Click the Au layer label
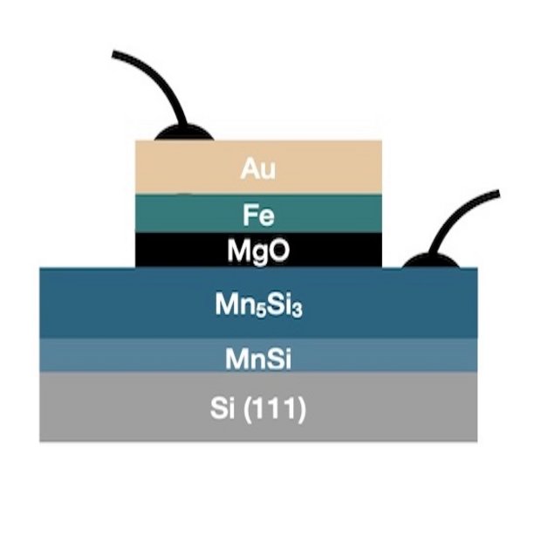click(258, 168)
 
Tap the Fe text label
click(258, 214)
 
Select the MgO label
click(258, 251)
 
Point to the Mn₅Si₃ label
click(258, 306)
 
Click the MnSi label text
click(258, 356)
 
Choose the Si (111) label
click(258, 408)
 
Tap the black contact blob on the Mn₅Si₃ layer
click(433, 260)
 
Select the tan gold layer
click(332, 168)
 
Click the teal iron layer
click(332, 214)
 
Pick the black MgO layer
click(332, 251)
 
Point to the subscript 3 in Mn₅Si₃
click(296, 310)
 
